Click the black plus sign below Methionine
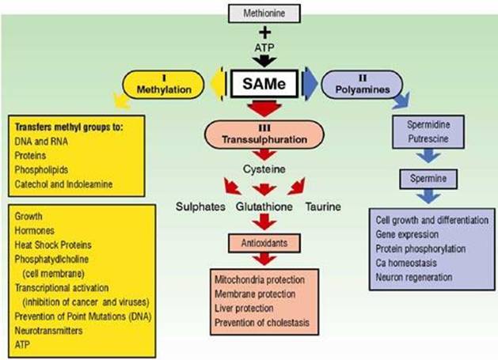[x=265, y=34]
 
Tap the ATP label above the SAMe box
[x=265, y=50]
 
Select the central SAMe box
[x=265, y=82]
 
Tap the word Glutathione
[x=264, y=207]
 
